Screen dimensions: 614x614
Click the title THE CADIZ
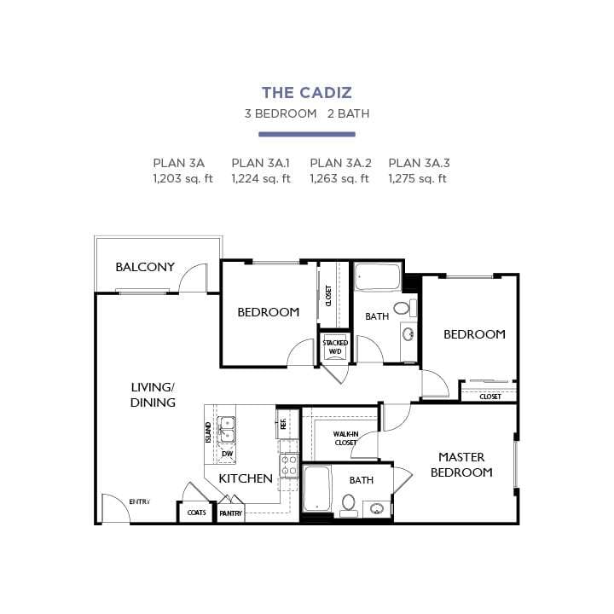(307, 92)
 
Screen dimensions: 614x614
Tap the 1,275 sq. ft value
(418, 178)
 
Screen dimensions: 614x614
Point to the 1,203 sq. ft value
(182, 178)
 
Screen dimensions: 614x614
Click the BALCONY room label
(145, 267)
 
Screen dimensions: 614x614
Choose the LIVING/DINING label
(153, 394)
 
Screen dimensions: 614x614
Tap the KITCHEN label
(246, 478)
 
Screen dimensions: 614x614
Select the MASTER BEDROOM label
(461, 465)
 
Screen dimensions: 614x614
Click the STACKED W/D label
(335, 346)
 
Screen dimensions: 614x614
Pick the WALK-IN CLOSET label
(345, 438)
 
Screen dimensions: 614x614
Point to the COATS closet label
(196, 513)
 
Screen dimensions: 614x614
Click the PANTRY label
(231, 513)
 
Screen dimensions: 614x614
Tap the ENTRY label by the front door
(139, 501)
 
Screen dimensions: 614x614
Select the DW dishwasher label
(227, 454)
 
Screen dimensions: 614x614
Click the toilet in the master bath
(349, 502)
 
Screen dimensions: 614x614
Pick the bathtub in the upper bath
(377, 279)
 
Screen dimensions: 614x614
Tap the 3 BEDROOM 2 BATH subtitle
(307, 113)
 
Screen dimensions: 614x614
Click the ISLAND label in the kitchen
(208, 432)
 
